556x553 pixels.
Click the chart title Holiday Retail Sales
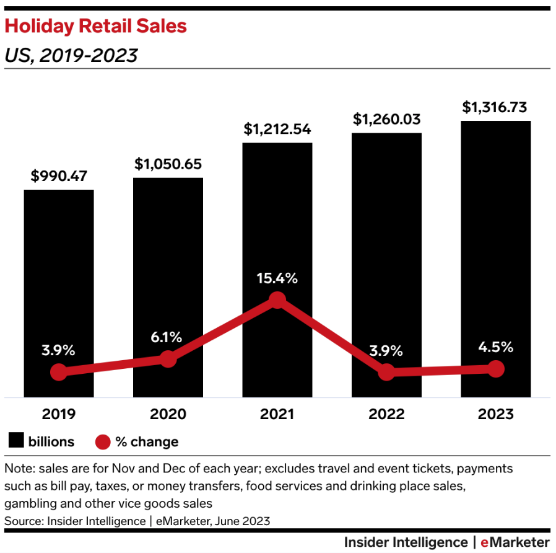point(95,27)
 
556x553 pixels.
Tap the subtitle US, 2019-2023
point(71,56)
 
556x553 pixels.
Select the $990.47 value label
point(59,176)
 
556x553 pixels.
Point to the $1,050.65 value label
point(168,164)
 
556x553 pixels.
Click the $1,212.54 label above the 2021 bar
point(277,130)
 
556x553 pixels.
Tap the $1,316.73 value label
point(495,107)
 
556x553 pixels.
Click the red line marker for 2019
point(59,372)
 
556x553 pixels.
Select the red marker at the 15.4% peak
point(277,301)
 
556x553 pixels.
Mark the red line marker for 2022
point(386,372)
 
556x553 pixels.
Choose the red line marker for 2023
point(495,369)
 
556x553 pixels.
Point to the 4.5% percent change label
point(495,347)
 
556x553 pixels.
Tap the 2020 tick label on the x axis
point(168,414)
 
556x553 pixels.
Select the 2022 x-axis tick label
point(386,414)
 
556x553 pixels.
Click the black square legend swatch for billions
point(15,441)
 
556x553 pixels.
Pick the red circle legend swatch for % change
point(102,442)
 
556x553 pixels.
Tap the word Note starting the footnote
point(19,468)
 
